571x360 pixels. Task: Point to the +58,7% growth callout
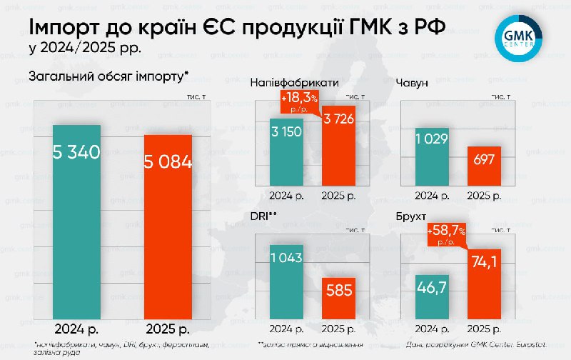click(447, 235)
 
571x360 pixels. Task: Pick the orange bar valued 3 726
click(338, 146)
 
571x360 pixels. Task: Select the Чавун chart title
click(413, 84)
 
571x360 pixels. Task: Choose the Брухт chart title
click(410, 215)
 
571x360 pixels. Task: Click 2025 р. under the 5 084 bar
click(168, 330)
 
